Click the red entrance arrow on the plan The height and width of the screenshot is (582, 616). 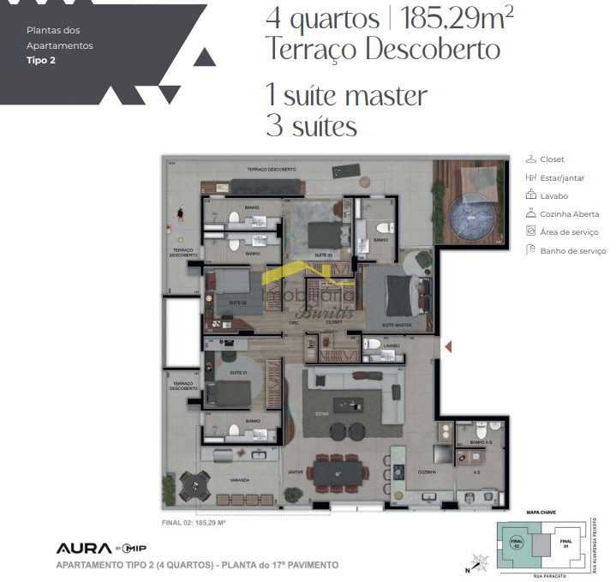pos(447,346)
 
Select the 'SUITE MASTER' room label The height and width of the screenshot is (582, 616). pos(397,326)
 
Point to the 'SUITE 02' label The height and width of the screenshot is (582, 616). pos(238,303)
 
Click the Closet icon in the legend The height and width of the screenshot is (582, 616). pos(530,159)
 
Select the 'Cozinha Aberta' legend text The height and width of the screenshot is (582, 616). pos(570,214)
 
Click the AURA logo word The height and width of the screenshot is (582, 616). pos(84,548)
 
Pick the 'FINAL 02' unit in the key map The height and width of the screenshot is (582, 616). pos(517,542)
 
